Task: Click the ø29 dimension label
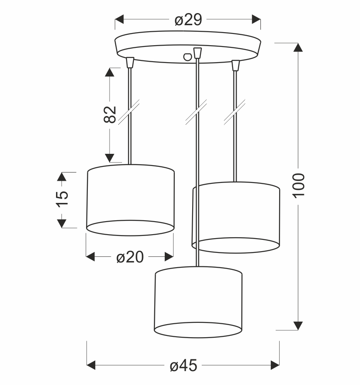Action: pyautogui.click(x=188, y=20)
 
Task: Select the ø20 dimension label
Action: pyautogui.click(x=130, y=257)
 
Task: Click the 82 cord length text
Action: pyautogui.click(x=110, y=114)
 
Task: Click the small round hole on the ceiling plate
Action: pyautogui.click(x=187, y=56)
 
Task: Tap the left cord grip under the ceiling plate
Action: pyautogui.click(x=129, y=63)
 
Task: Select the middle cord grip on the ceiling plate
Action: pyautogui.click(x=197, y=53)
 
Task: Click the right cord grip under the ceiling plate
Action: pyautogui.click(x=235, y=65)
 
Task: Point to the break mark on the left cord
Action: pyautogui.click(x=130, y=110)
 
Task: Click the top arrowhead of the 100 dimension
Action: pyautogui.click(x=298, y=47)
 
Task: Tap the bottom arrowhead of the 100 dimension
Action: pyautogui.click(x=298, y=325)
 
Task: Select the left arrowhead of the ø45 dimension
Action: pyautogui.click(x=92, y=364)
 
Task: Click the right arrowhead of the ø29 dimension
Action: pyautogui.click(x=256, y=20)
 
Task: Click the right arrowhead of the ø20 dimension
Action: pyautogui.click(x=168, y=257)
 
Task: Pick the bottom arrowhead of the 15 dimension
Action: pyautogui.click(x=62, y=223)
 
